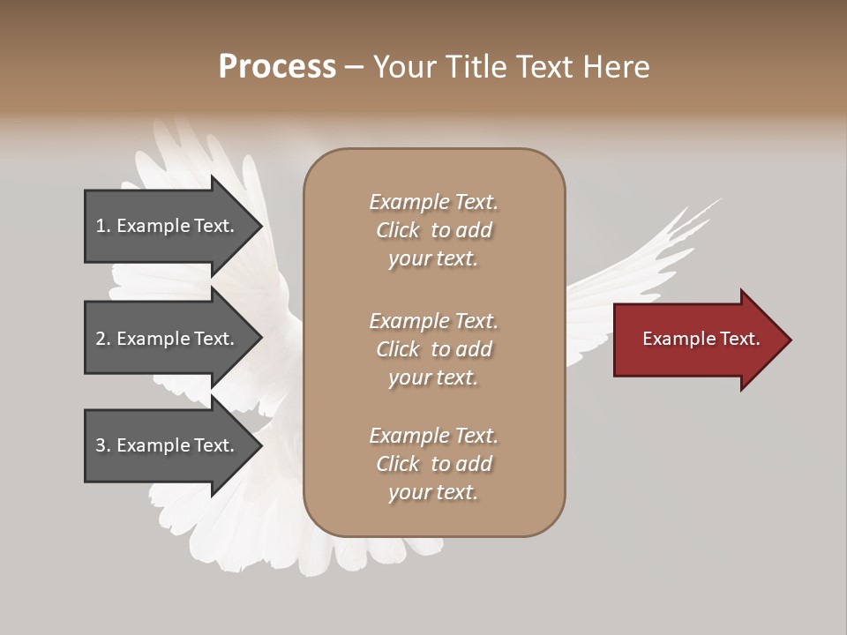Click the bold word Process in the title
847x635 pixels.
tap(277, 67)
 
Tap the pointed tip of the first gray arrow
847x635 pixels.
tap(259, 226)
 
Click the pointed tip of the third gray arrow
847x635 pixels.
tap(259, 445)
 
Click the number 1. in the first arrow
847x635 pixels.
tap(103, 226)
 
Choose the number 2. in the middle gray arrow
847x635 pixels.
tap(103, 339)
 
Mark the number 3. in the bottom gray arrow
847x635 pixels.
tap(103, 445)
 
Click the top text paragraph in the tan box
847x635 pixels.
tap(434, 230)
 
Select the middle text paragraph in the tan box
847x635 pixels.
tap(434, 348)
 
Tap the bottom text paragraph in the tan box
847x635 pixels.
tap(434, 464)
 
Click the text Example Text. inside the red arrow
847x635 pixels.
tap(701, 339)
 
